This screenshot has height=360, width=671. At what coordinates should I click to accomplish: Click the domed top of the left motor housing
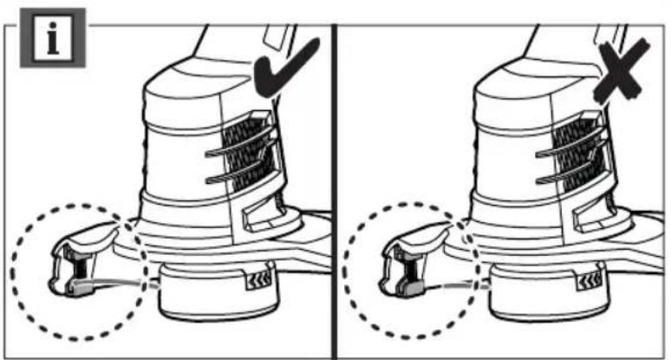[191, 82]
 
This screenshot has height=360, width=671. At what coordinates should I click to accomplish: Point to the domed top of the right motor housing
[524, 82]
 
